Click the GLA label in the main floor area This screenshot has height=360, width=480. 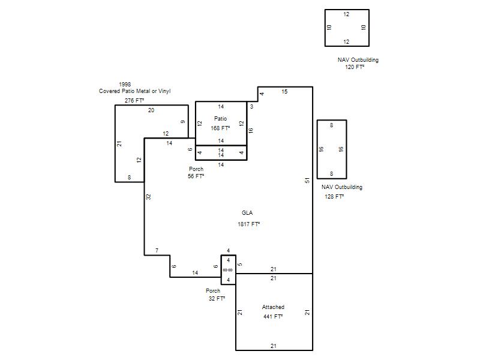coord(247,213)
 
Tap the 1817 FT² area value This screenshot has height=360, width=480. coord(248,224)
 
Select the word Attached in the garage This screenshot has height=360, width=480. coord(273,307)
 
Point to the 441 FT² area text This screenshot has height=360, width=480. coord(273,317)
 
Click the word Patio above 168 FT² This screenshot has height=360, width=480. coord(220,118)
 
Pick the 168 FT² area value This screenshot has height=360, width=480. coord(220,128)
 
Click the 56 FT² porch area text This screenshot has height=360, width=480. coord(196,176)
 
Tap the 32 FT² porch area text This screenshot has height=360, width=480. coord(217,298)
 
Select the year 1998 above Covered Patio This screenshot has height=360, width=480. coord(125,84)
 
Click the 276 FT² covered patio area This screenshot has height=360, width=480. coord(134,100)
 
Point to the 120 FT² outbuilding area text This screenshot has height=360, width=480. coord(355,67)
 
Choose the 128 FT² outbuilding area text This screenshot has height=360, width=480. coord(334,197)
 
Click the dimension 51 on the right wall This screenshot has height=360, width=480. coord(307,181)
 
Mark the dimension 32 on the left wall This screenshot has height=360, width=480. coord(148,197)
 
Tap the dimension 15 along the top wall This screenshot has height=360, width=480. coord(284,92)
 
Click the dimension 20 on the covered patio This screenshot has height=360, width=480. coord(151,110)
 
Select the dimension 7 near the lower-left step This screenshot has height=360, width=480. coord(157,250)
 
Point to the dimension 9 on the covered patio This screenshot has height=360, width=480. coord(183,122)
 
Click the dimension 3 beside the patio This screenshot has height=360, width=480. coord(251,107)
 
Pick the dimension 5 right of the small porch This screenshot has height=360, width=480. coord(240,264)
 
